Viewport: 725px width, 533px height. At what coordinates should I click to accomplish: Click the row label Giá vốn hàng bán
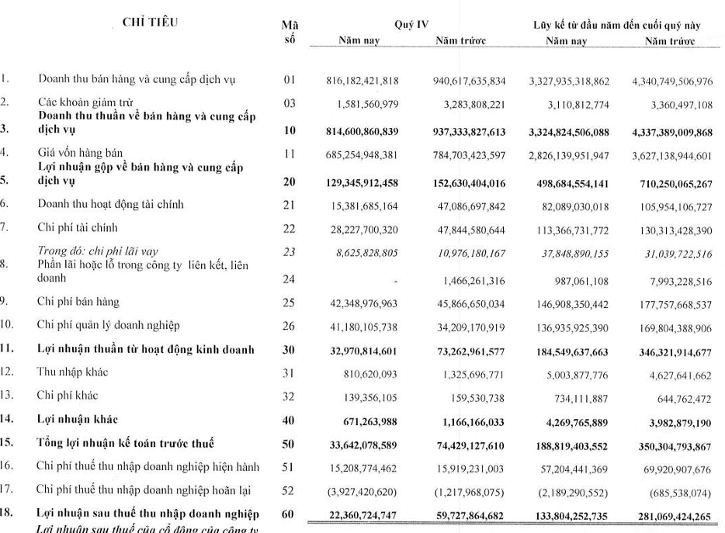[x=80, y=152]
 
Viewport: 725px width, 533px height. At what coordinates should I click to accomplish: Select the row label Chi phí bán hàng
[x=78, y=301]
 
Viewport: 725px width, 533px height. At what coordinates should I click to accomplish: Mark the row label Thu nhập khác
[x=73, y=372]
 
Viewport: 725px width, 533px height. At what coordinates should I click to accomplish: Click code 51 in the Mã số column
[x=289, y=467]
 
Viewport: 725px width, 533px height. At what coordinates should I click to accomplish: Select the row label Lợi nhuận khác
[x=78, y=420]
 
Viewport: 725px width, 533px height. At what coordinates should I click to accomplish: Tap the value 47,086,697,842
[x=461, y=205]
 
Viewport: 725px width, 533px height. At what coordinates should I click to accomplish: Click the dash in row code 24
[x=396, y=278]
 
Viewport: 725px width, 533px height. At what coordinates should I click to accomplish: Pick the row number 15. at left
[x=7, y=443]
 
